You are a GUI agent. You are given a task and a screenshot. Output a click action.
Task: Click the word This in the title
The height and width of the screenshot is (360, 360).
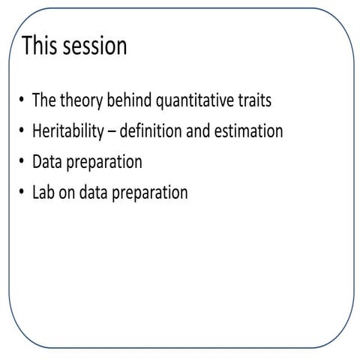(38, 46)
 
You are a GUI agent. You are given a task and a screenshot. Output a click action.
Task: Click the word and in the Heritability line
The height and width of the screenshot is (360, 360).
(197, 131)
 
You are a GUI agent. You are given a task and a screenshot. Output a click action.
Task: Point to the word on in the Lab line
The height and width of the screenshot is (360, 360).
(68, 193)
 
